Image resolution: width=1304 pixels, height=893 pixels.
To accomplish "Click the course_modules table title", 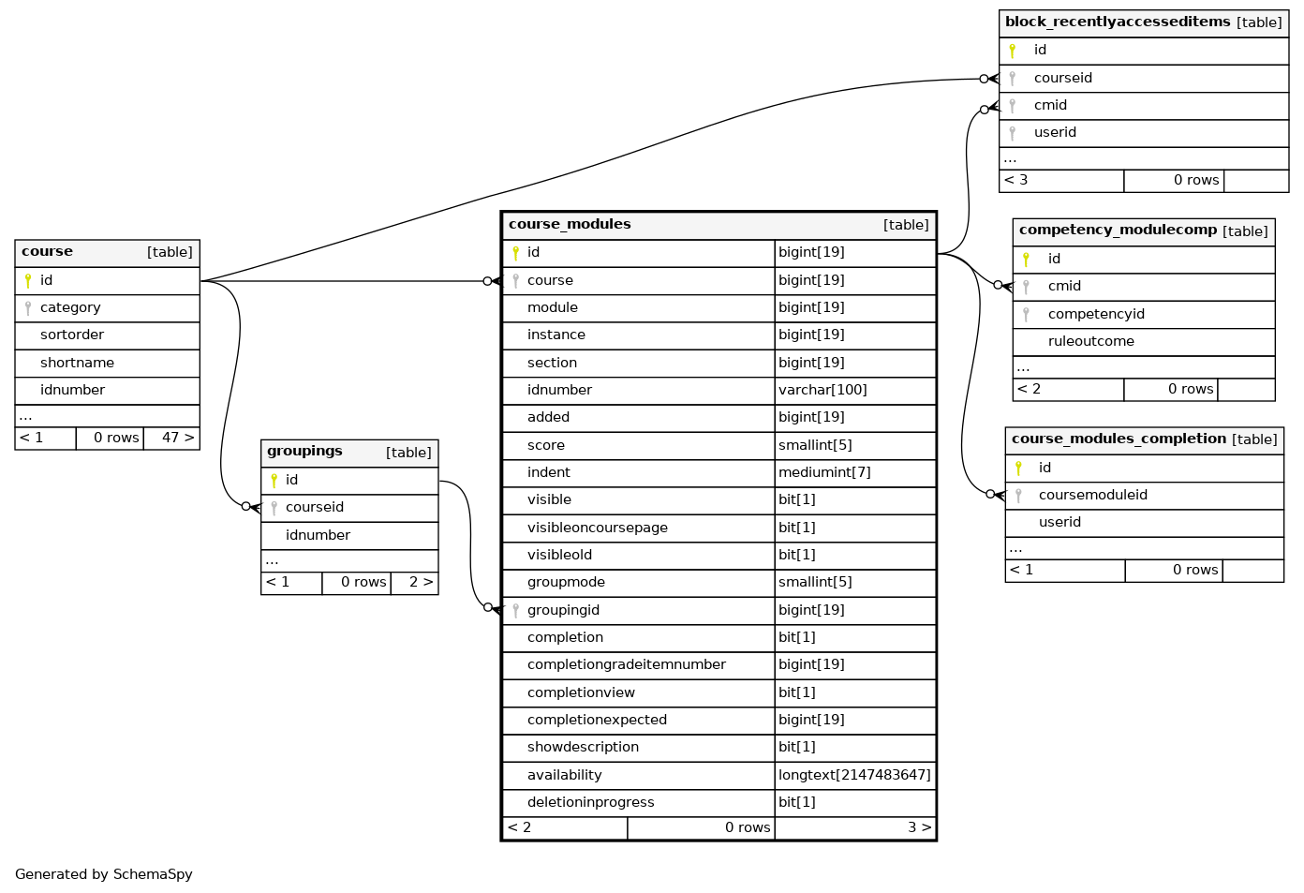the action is (570, 224).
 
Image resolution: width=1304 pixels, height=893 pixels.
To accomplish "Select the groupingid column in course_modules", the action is (563, 610).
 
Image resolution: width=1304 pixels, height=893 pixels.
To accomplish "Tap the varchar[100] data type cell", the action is (822, 390).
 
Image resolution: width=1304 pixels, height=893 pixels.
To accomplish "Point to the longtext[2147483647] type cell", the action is (854, 775).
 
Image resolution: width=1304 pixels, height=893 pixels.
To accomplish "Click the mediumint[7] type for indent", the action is (824, 472).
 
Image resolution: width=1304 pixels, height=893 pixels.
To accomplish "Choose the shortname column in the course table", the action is (77, 363).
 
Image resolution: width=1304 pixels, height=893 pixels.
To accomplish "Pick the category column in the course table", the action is (70, 307).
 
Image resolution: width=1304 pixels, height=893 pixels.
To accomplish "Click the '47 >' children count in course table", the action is (178, 438).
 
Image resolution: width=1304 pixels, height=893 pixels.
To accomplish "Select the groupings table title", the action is (304, 451).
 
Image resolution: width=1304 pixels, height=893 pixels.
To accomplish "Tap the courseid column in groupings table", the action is (315, 507).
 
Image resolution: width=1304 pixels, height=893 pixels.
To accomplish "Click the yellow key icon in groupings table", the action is (274, 481).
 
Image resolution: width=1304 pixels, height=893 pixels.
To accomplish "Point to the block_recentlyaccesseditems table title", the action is (1118, 22).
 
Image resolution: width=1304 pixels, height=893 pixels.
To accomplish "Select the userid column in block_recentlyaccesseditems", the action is (1055, 132).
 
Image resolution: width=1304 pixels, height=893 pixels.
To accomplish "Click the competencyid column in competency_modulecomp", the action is (1096, 314).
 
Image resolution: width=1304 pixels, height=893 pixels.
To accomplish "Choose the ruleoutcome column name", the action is (1091, 341).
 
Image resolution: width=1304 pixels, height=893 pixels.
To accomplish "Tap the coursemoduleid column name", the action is (1092, 495).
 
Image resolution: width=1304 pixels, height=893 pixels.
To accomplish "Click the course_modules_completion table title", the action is (1119, 439).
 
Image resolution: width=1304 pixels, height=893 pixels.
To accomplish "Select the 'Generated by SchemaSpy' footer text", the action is (104, 874).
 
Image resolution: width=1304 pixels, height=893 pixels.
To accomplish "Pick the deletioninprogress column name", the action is (590, 802).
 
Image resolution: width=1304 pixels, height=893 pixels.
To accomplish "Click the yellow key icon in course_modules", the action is (515, 253).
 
